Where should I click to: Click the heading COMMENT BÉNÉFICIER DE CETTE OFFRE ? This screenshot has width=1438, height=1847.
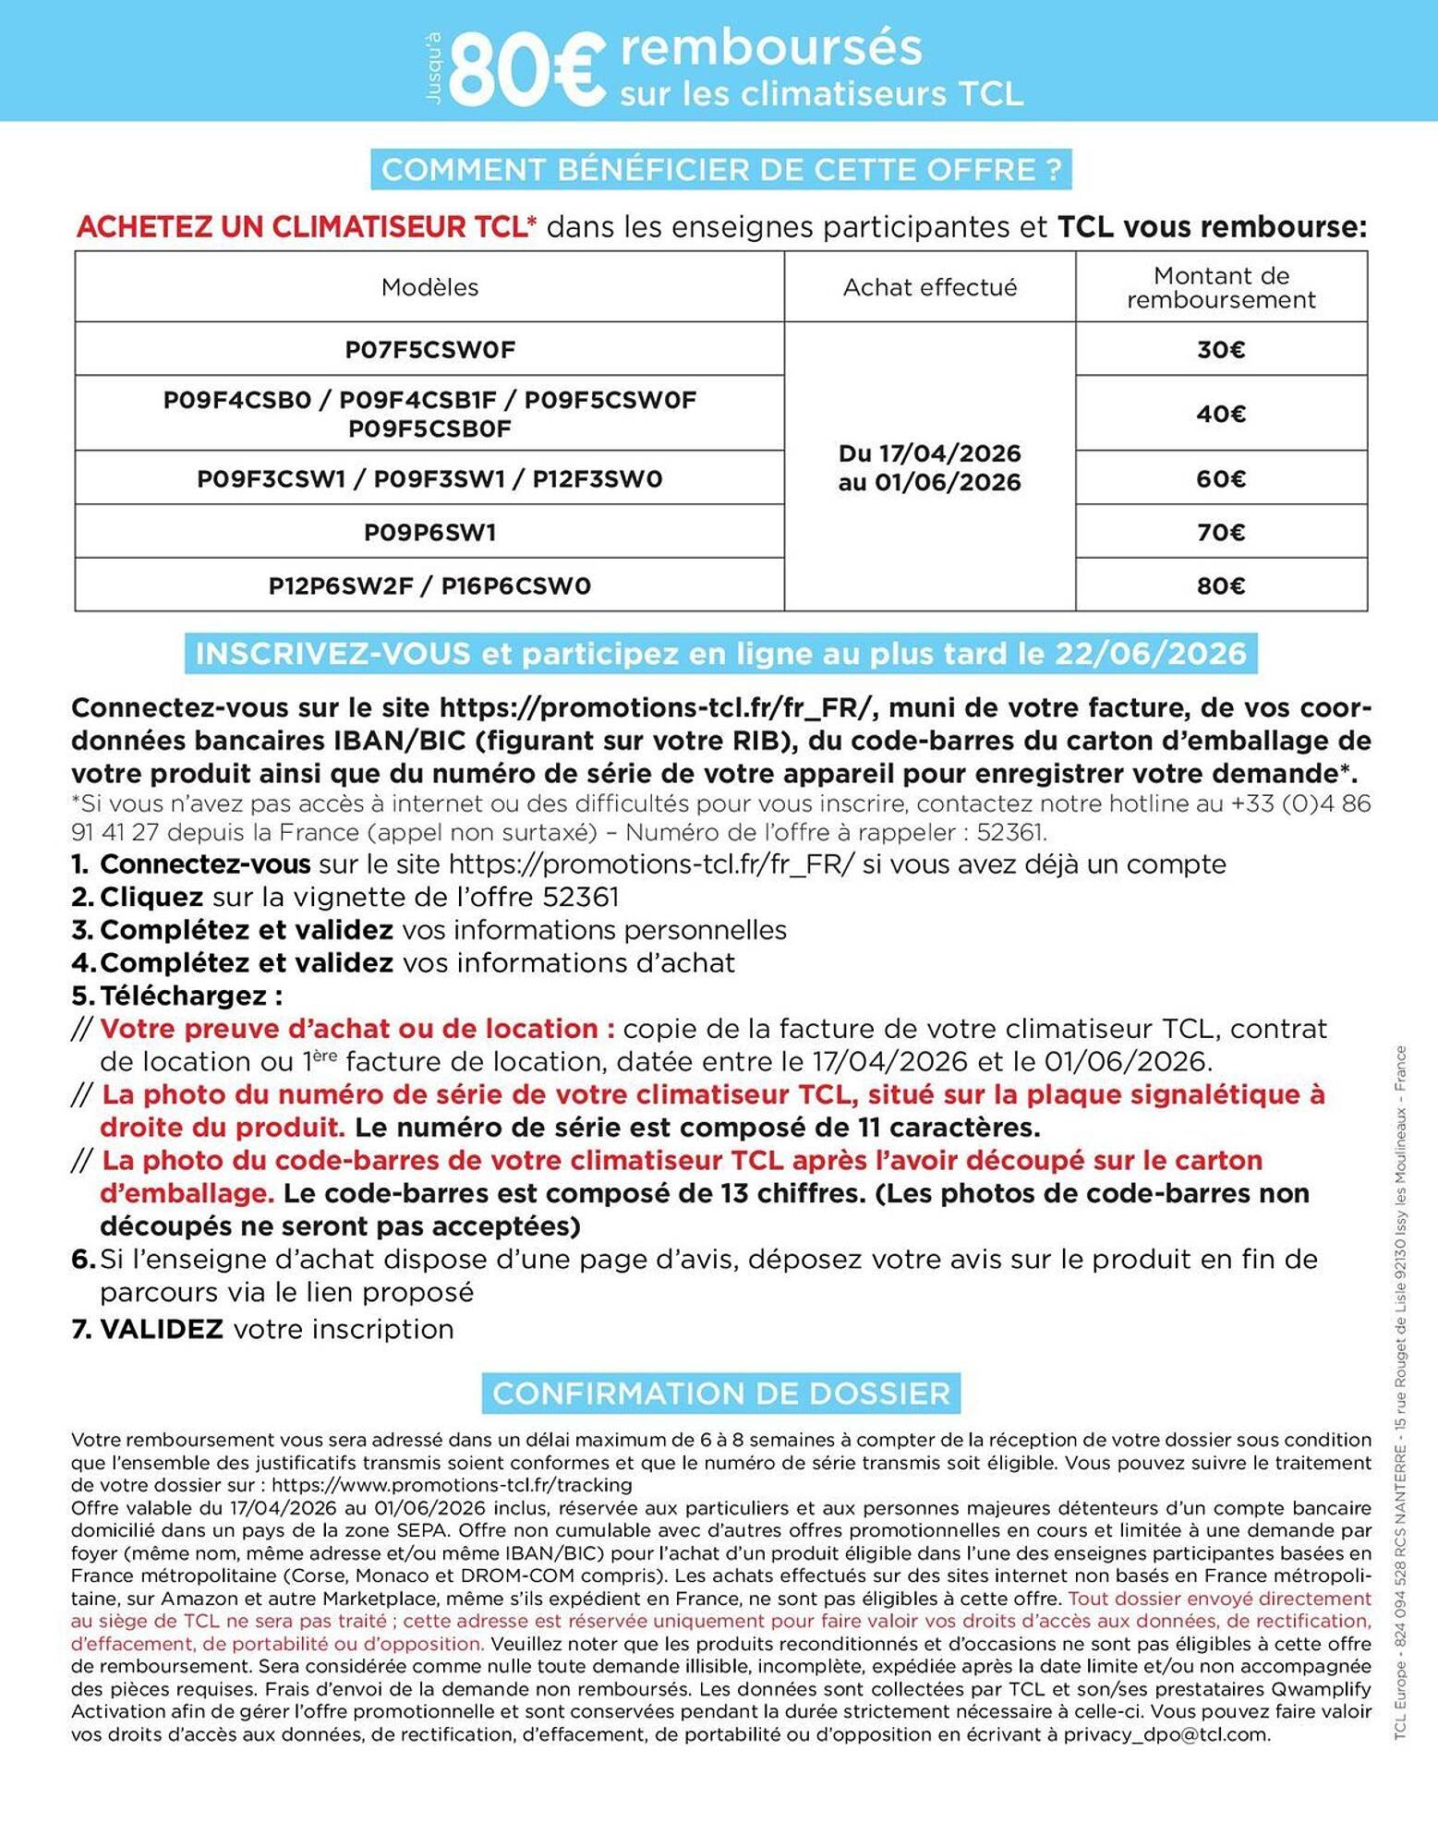pos(720,170)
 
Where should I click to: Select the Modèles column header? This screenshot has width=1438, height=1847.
pos(429,287)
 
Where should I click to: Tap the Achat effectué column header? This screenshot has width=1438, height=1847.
pos(929,287)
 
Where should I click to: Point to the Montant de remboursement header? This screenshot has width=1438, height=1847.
pos(1220,287)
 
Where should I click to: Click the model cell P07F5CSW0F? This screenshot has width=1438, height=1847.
pos(429,350)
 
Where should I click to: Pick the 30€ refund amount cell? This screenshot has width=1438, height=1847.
pos(1220,350)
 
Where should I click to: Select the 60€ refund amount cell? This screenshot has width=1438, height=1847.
pos(1220,478)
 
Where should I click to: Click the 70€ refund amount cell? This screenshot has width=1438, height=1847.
pos(1220,532)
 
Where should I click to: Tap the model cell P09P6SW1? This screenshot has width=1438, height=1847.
pos(429,532)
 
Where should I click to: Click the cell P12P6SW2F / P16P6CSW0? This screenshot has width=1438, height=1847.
pos(429,585)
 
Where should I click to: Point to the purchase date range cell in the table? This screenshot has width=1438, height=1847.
pos(929,467)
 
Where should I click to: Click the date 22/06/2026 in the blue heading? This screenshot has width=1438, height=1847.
pos(1150,654)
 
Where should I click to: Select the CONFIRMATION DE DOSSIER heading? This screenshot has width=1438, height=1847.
pos(720,1393)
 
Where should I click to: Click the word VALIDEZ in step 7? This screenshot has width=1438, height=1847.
pos(162,1329)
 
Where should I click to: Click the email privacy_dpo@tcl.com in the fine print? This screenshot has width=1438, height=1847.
pos(1165,1734)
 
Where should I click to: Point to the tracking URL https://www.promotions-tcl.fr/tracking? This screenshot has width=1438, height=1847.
pos(452,1485)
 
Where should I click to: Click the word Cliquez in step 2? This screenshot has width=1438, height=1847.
pos(151,897)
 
